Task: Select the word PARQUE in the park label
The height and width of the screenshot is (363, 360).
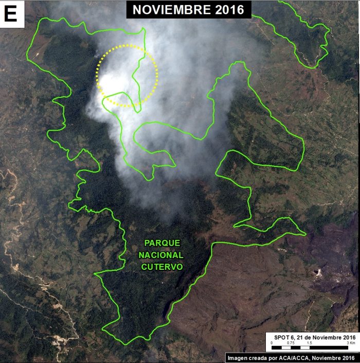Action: [162, 243]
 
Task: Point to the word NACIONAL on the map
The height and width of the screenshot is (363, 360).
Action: [162, 255]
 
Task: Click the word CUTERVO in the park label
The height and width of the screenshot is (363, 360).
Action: [162, 267]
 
